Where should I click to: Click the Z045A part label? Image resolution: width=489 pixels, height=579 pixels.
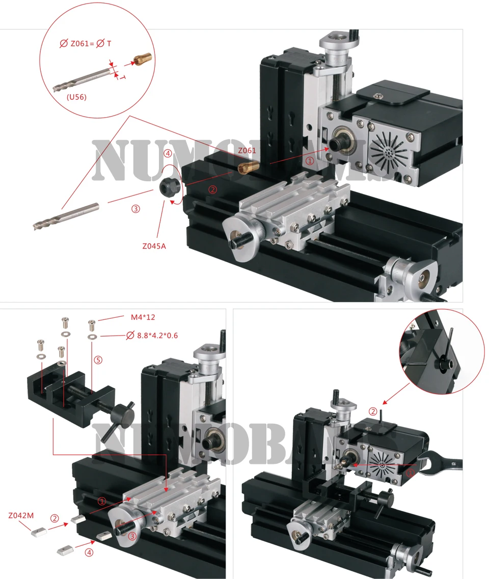154,246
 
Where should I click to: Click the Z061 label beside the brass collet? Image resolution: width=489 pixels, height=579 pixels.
247,150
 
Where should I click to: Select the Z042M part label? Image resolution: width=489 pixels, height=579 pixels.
21,516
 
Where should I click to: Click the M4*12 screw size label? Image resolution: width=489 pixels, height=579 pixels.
143,317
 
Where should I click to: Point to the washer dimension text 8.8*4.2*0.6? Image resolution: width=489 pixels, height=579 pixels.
157,335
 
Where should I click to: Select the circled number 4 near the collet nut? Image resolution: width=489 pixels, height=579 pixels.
168,153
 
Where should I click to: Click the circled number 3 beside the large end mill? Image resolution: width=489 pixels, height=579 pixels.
135,209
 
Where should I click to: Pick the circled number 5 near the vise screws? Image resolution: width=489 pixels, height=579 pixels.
98,360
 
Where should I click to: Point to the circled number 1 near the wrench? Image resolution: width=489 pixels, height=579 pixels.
410,473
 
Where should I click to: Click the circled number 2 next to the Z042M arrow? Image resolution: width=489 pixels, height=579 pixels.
55,518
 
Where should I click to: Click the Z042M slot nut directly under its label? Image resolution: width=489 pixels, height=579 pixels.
38,532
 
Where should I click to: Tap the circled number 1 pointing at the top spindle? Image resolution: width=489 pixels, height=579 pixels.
310,160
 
